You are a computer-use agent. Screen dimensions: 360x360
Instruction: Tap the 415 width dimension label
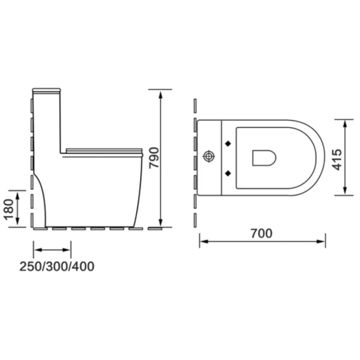tap(337, 158)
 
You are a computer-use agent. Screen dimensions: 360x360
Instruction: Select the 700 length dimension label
tap(261, 233)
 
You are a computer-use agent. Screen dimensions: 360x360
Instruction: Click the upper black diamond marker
tap(227, 143)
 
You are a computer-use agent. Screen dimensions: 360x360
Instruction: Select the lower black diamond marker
tap(227, 173)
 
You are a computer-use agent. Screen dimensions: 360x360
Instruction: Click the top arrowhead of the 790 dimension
tap(161, 92)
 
